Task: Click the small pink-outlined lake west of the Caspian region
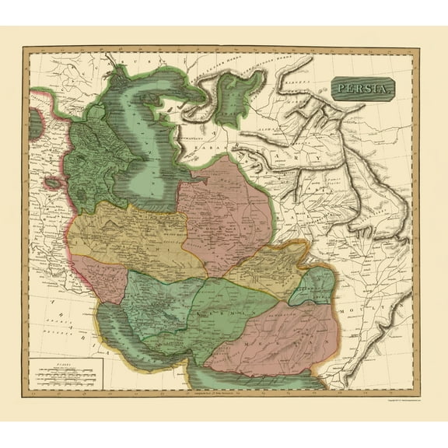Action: point(51,184)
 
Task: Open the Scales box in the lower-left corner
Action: point(66,371)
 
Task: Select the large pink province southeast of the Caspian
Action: point(226,210)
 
